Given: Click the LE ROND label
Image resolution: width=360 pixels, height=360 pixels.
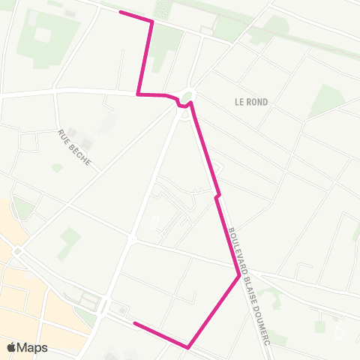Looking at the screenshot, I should [250, 101].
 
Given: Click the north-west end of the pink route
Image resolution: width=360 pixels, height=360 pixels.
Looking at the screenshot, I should [121, 12].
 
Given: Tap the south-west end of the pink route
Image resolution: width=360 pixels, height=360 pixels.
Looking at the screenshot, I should [134, 323].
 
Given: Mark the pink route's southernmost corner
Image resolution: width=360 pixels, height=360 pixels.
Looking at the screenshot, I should [187, 347].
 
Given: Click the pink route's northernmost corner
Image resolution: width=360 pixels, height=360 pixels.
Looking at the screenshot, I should [152, 22].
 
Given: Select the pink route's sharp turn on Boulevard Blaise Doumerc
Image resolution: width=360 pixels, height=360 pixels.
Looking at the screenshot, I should [239, 276].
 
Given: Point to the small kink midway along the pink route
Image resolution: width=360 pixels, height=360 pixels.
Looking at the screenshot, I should [217, 196].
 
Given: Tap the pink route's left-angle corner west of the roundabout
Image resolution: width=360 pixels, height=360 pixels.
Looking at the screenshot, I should [138, 94].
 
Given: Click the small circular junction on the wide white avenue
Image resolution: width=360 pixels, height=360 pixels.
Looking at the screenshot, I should [131, 239].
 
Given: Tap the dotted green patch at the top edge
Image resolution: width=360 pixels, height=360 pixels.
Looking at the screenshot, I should [163, 9].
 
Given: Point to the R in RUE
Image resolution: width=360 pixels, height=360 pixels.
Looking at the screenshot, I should [61, 133].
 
